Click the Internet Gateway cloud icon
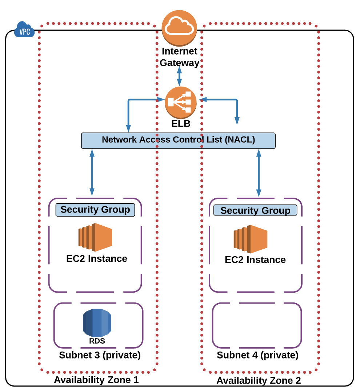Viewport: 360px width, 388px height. (x=179, y=28)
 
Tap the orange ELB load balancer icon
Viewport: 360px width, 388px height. (x=181, y=103)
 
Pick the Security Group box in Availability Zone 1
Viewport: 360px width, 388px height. (x=95, y=210)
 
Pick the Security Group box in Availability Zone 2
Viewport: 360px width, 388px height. (x=255, y=211)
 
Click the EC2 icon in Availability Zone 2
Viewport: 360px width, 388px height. (x=250, y=239)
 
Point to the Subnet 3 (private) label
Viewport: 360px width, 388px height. (x=100, y=355)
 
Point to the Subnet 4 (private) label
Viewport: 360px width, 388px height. (x=257, y=355)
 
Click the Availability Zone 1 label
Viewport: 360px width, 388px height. (x=96, y=380)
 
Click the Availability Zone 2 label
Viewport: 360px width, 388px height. (x=259, y=381)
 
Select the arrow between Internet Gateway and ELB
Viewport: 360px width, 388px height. (x=179, y=77)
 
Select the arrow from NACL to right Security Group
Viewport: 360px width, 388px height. (x=259, y=173)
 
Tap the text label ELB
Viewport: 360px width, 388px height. (x=181, y=124)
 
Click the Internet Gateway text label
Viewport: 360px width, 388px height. (x=180, y=57)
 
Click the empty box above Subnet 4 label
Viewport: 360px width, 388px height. (x=257, y=325)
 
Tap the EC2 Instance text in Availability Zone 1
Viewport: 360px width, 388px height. (x=97, y=259)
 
